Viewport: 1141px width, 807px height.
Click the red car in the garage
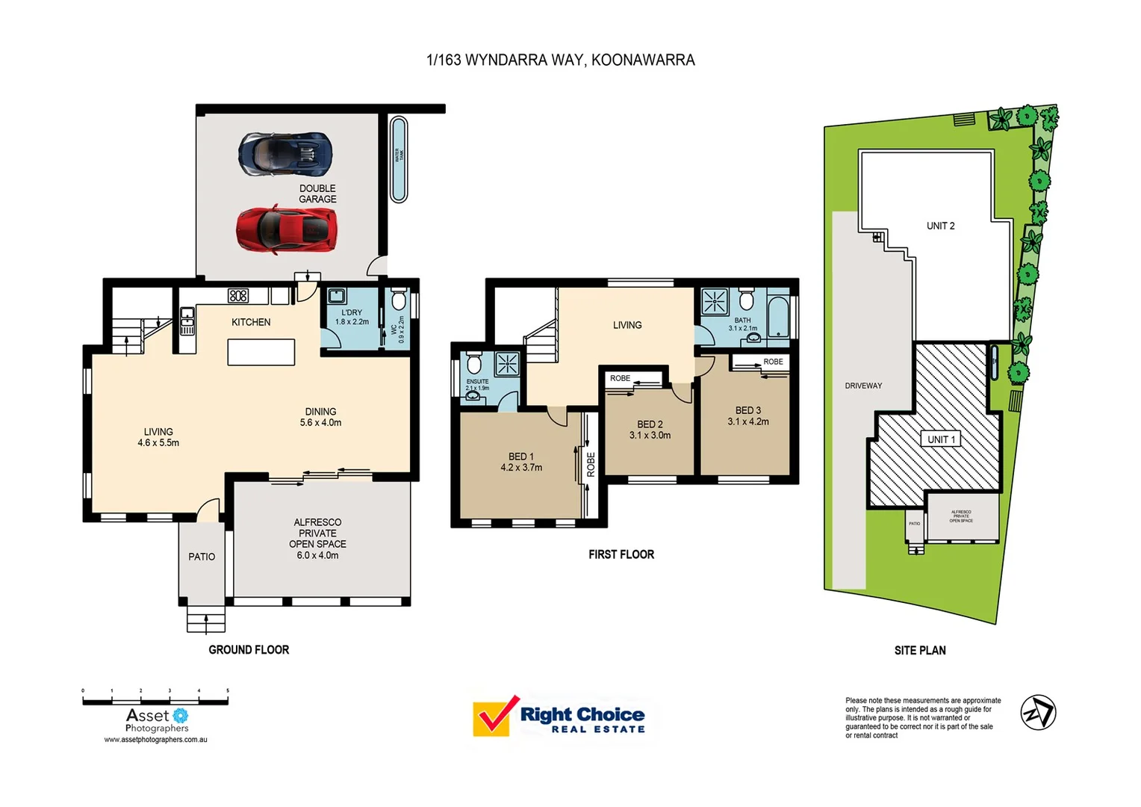[x=287, y=229]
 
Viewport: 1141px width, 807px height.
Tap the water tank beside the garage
[x=399, y=159]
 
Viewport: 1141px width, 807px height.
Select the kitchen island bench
[x=261, y=352]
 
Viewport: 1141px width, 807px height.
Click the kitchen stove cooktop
[x=238, y=296]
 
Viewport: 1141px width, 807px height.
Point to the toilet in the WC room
[x=399, y=300]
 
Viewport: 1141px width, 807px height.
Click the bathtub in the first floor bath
[x=778, y=318]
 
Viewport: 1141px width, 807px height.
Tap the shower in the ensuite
[x=507, y=364]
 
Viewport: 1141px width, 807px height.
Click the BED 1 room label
[x=521, y=457]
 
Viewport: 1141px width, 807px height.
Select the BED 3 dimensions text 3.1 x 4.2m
[x=748, y=421]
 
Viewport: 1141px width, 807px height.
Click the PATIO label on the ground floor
[x=202, y=557]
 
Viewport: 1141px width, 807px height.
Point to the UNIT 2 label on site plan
[x=940, y=226]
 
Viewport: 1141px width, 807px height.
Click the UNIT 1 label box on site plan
[x=941, y=439]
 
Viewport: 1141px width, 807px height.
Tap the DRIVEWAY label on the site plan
[x=863, y=386]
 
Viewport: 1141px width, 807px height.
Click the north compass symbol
[x=1038, y=712]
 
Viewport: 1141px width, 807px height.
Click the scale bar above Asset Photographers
[x=155, y=701]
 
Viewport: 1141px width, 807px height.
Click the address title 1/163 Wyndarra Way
[x=560, y=60]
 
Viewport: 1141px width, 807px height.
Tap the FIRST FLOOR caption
[x=621, y=554]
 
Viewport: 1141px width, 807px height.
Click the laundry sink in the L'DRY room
[x=336, y=296]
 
